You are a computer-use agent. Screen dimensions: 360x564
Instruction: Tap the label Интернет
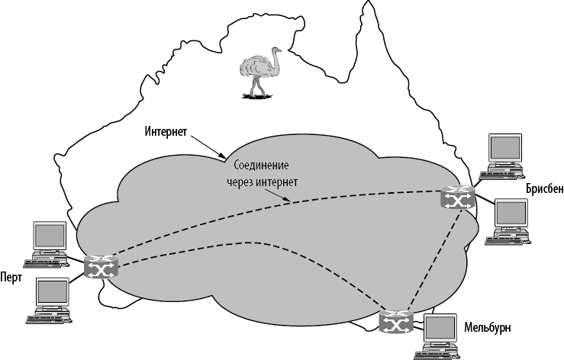coord(166,131)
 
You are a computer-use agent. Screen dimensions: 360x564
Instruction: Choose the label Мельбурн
coord(487,328)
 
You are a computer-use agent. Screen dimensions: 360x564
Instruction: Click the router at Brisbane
coord(457,198)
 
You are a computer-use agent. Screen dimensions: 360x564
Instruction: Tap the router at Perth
coord(99,266)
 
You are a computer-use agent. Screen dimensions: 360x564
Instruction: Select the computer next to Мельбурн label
coord(442,336)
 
